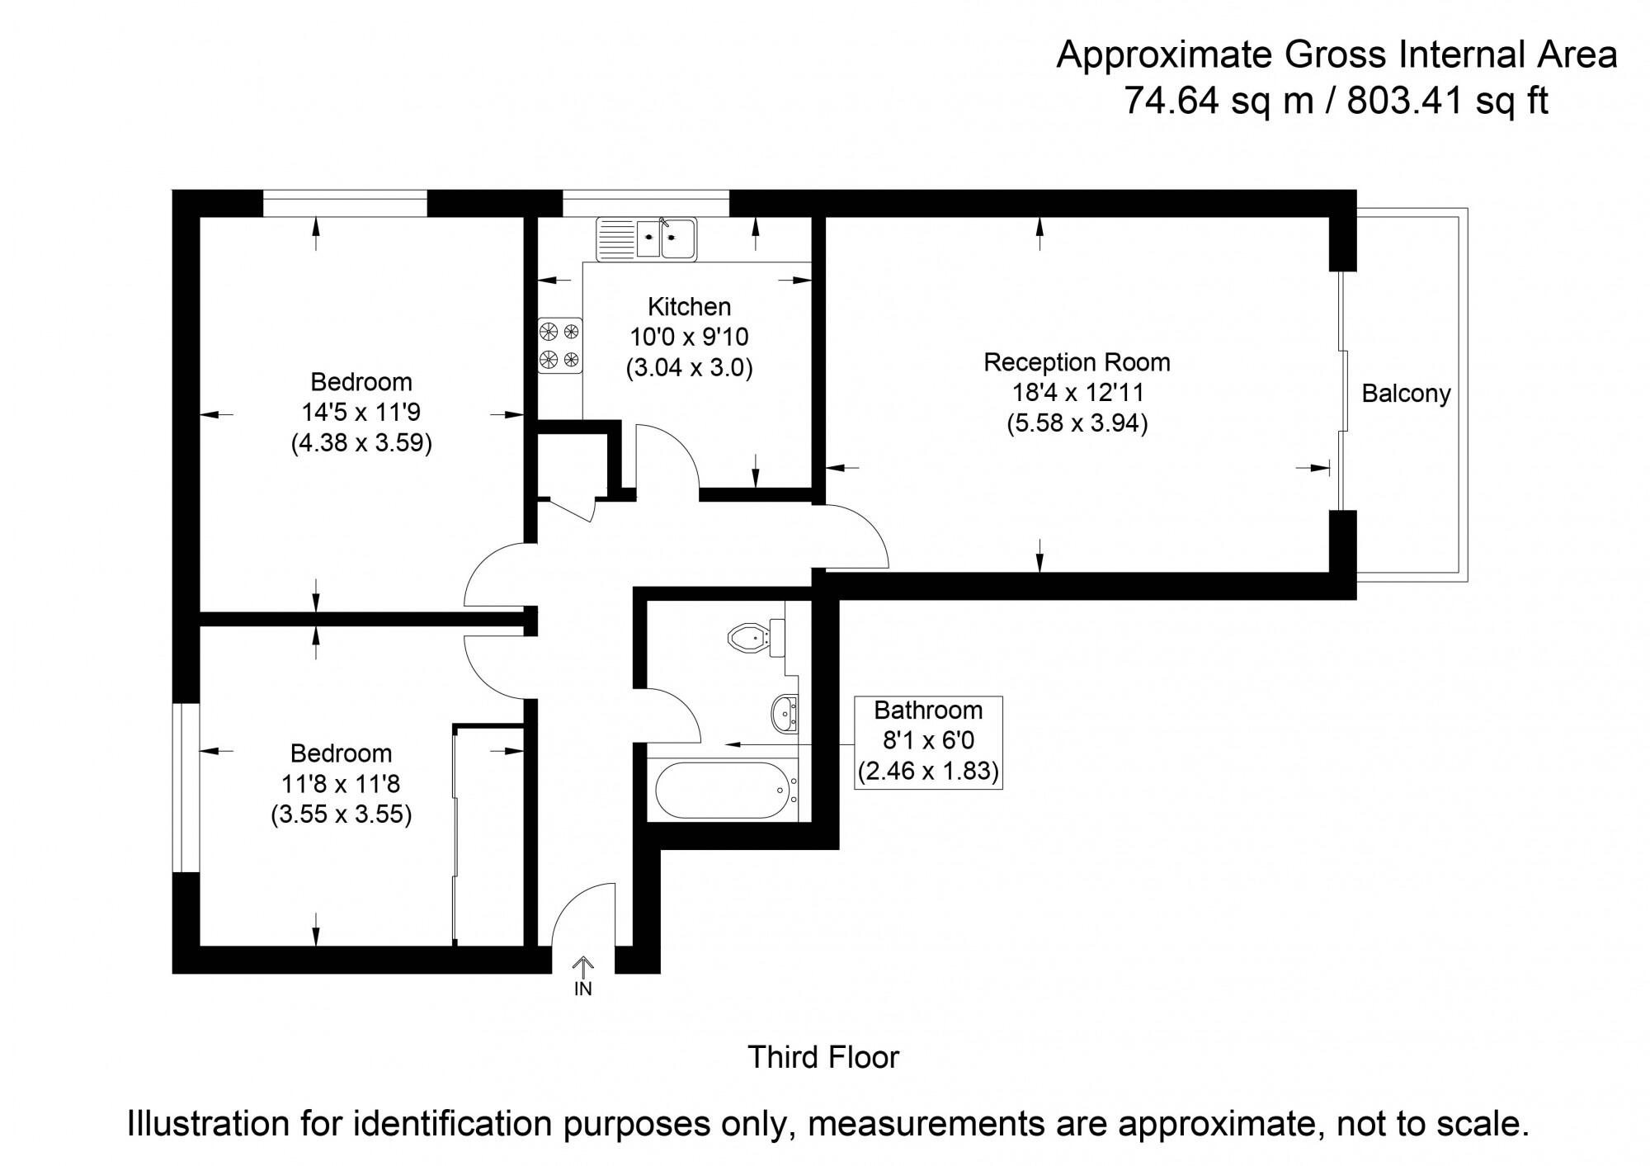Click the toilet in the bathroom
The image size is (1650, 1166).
[756, 637]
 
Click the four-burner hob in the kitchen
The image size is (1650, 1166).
[560, 346]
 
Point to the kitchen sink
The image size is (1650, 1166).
[647, 238]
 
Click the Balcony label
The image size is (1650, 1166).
[1406, 394]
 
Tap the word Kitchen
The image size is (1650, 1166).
[689, 307]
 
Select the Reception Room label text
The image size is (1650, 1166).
[1077, 362]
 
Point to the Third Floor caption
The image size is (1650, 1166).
[823, 1057]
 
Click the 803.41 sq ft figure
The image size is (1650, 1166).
[1448, 101]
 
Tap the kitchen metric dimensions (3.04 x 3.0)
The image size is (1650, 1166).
[689, 367]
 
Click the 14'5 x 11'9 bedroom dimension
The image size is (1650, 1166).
[361, 412]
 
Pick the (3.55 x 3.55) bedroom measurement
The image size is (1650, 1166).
[341, 815]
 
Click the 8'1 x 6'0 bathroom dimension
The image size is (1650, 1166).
[928, 740]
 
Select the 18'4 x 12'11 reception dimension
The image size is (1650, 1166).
[1077, 393]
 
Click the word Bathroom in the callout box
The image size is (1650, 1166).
[928, 710]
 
